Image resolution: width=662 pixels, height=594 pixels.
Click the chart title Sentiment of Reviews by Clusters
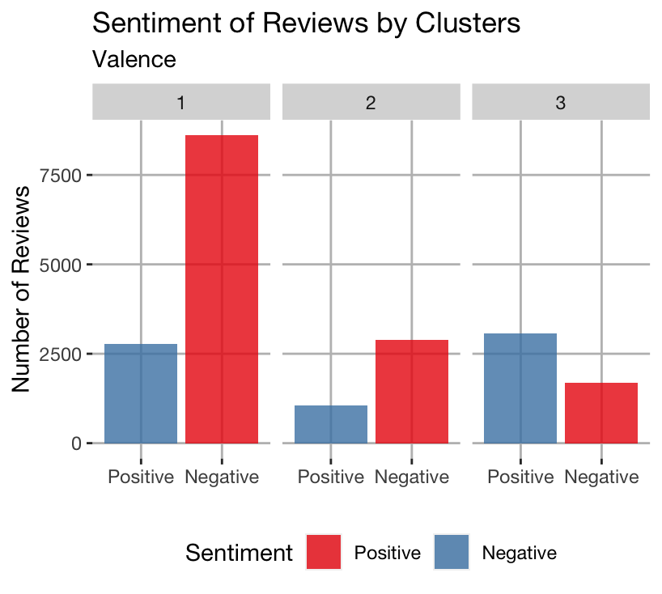(306, 23)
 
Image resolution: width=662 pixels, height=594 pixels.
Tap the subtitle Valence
(134, 59)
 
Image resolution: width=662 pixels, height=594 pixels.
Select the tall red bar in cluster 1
(222, 289)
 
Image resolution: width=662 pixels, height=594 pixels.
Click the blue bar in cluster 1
(141, 393)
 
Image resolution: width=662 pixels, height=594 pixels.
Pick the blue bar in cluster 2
(330, 424)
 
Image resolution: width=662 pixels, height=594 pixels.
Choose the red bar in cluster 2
(411, 391)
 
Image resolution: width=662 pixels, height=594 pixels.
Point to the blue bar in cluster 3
(520, 388)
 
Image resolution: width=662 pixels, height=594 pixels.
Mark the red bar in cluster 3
(601, 413)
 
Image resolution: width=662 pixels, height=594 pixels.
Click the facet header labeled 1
(181, 103)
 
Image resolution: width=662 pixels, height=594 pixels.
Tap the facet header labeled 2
(371, 103)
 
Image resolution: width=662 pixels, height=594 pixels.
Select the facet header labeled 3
(561, 103)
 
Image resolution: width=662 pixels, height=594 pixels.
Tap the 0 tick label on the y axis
(76, 443)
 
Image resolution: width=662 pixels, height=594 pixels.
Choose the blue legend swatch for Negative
(452, 553)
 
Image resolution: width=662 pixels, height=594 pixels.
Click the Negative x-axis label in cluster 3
(601, 477)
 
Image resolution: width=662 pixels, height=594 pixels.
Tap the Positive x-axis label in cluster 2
(330, 477)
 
